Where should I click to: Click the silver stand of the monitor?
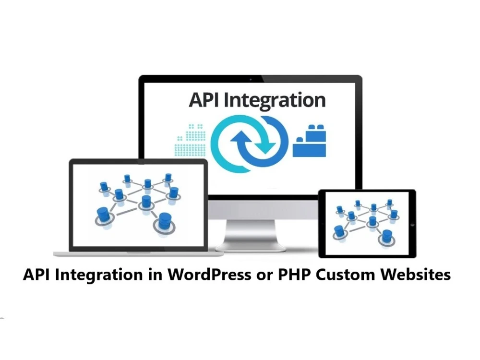tap(250, 235)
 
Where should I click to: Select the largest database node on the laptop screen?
tap(165, 220)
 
